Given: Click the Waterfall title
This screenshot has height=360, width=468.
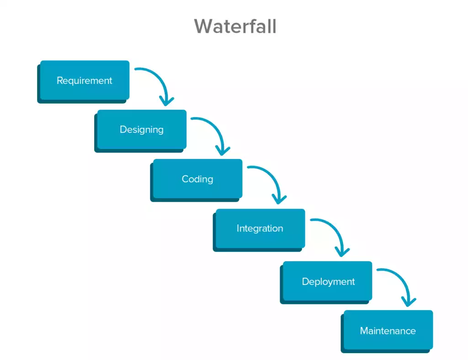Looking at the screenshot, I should pos(235,26).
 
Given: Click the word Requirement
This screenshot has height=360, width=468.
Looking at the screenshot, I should pos(84,81).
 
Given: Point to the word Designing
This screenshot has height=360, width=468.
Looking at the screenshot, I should pos(141,130).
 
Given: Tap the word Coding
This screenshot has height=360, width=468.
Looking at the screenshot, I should pos(197,179).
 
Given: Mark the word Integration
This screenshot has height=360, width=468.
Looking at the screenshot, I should pos(260,228).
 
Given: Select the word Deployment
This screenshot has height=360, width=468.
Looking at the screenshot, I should pos(328,282).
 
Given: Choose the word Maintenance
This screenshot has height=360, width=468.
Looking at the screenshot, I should pos(388,331).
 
